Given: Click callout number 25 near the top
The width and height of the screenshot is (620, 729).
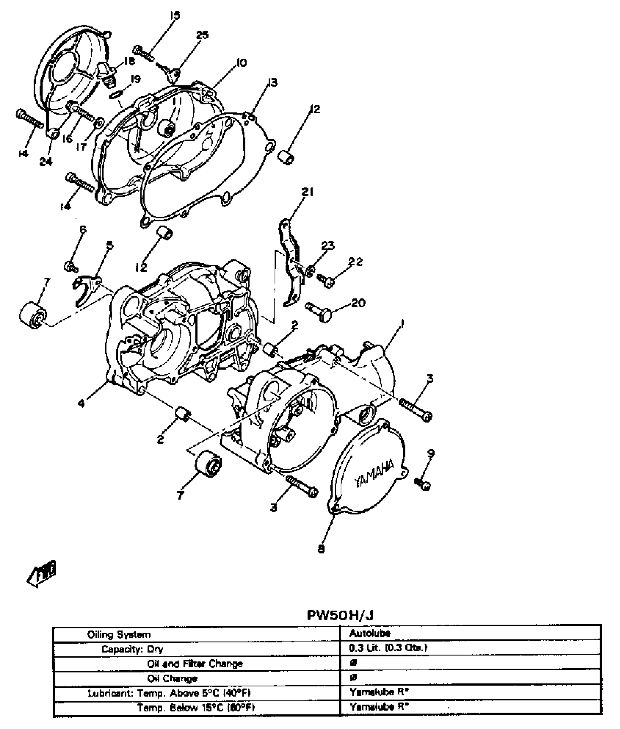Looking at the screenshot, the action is coord(202,35).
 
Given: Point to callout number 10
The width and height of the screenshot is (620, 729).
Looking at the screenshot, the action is coord(241,62).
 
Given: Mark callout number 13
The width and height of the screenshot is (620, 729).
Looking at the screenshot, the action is coord(272,82).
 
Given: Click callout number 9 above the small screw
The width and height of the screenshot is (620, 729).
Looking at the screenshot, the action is coord(431,453).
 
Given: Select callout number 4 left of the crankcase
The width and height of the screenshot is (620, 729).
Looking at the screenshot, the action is coord(81,404).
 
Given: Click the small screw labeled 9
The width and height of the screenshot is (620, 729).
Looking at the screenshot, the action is coord(423,484).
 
